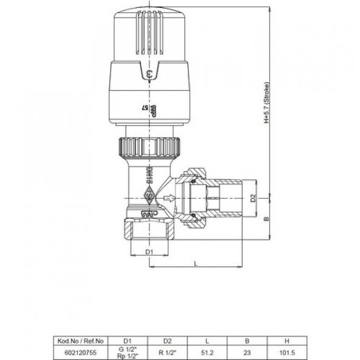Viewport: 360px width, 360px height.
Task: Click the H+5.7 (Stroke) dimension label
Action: pos(266,103)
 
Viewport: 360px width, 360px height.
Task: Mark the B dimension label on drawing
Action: pos(265,218)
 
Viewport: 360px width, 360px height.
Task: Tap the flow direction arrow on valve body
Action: pos(171,198)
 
